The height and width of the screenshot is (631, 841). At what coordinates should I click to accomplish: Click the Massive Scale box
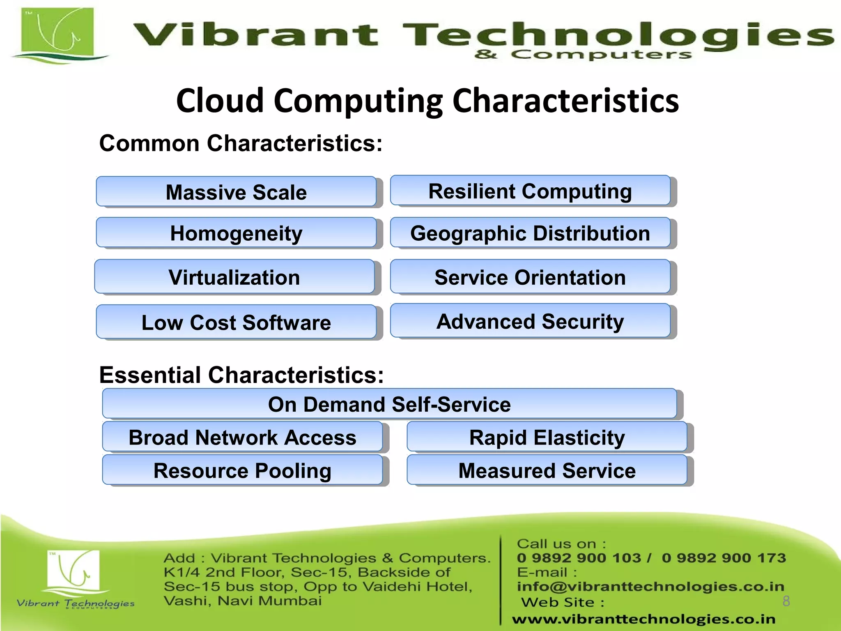coord(236,192)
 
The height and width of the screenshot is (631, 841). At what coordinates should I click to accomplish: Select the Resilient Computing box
coord(530,191)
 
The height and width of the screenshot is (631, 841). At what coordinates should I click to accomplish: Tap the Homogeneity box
coord(236,233)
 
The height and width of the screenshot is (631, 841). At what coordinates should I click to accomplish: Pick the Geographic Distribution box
coord(530,233)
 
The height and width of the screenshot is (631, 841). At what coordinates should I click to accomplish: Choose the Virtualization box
coord(234,277)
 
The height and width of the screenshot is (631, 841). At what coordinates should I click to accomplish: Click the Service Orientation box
coord(530,277)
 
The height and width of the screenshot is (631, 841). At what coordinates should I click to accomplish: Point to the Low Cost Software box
coord(236,322)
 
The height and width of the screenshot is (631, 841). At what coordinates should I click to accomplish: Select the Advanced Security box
coord(530,321)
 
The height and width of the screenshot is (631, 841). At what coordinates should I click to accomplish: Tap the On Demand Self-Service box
coord(389,404)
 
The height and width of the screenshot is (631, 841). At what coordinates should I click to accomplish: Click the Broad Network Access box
coord(242,437)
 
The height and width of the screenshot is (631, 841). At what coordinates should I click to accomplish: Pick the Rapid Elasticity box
coord(547,437)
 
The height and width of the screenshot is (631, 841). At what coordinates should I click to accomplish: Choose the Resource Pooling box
coord(242,470)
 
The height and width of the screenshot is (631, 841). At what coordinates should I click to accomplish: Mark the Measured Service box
coord(547,470)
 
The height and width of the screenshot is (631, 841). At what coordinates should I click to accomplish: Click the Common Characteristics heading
coord(241,143)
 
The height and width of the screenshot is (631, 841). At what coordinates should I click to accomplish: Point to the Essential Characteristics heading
coord(241,375)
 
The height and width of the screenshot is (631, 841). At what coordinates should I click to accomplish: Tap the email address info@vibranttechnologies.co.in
coord(650,586)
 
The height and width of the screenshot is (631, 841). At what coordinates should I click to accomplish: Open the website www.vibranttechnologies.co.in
coord(643,619)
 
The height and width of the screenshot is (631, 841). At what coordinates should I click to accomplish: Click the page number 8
coord(786,601)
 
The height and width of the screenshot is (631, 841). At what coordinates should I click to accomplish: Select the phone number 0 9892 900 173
coord(724,558)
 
